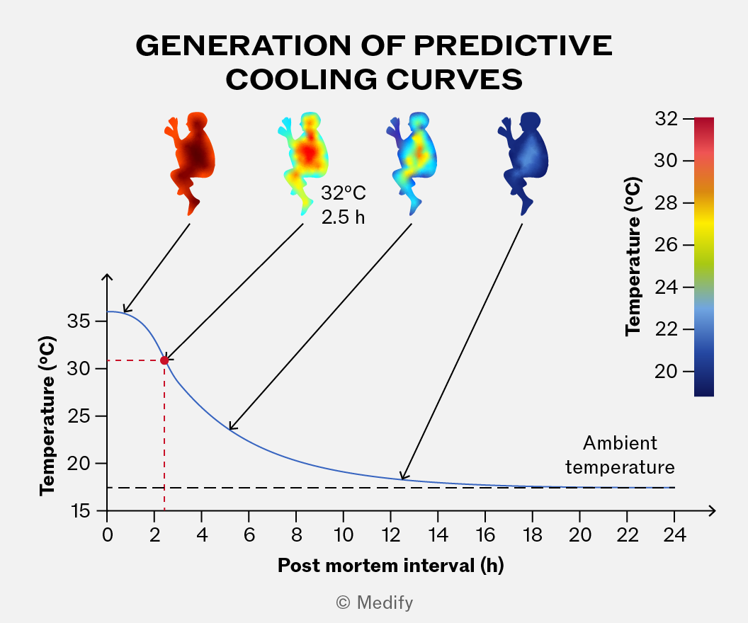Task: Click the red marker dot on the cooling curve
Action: click(x=164, y=360)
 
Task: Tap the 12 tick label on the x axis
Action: click(x=391, y=535)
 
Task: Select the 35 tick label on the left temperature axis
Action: click(x=79, y=321)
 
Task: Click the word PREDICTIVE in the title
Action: click(x=513, y=46)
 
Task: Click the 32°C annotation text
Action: click(x=344, y=193)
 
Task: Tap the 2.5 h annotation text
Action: click(x=343, y=217)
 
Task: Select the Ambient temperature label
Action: click(x=620, y=455)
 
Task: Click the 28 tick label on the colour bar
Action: click(x=666, y=202)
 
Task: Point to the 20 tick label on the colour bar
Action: click(x=666, y=371)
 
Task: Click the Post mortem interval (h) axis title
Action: click(x=391, y=566)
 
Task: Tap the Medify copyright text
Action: click(x=375, y=602)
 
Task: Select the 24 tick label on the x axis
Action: click(x=674, y=535)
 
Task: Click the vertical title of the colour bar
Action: click(x=633, y=256)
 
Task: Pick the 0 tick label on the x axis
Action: click(x=108, y=535)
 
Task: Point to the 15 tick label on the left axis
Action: click(x=80, y=511)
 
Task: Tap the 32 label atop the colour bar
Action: click(x=666, y=118)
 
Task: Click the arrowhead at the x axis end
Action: click(x=712, y=510)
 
